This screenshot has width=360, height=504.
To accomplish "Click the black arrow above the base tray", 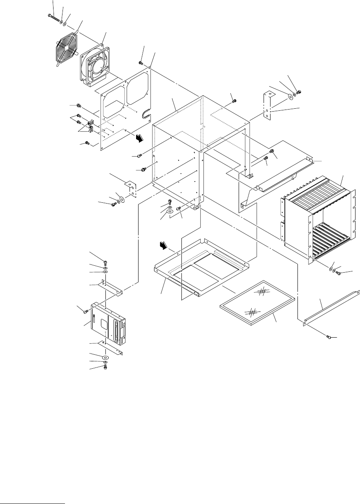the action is [x=164, y=246].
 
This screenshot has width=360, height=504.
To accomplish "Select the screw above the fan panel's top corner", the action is [x=141, y=63].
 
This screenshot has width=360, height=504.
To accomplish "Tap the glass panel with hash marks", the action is [x=257, y=303].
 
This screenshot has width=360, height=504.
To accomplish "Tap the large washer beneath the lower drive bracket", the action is [x=105, y=357].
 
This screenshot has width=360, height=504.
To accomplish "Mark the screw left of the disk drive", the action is [x=85, y=311].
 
